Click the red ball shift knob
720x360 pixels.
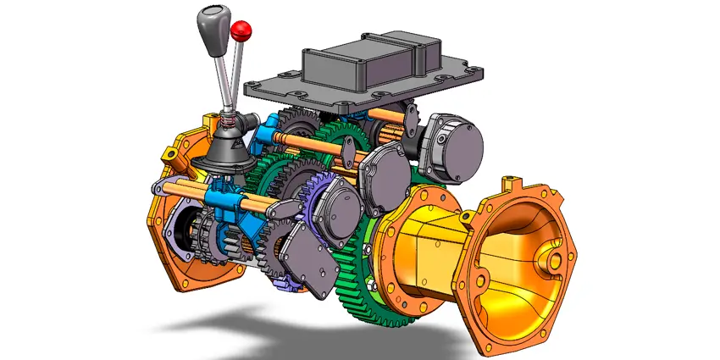point(241,31)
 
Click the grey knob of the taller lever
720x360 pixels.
point(210,23)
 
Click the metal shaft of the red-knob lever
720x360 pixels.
point(236,76)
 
